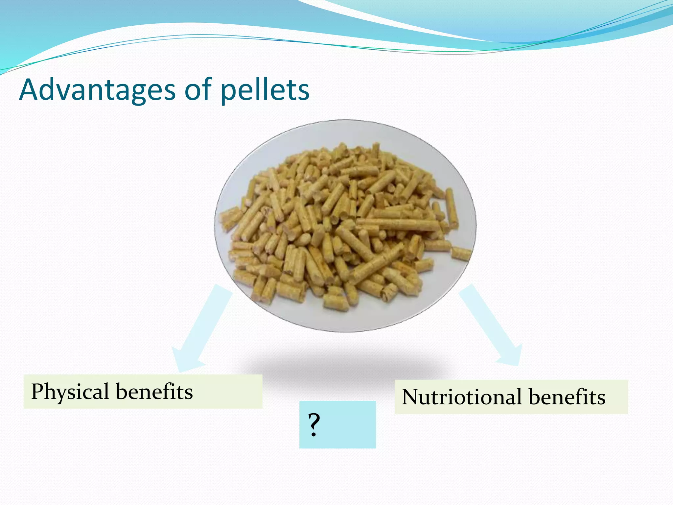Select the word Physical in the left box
click(70, 392)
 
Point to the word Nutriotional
click(462, 397)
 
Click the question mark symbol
click(314, 425)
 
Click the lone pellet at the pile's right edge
click(461, 253)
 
